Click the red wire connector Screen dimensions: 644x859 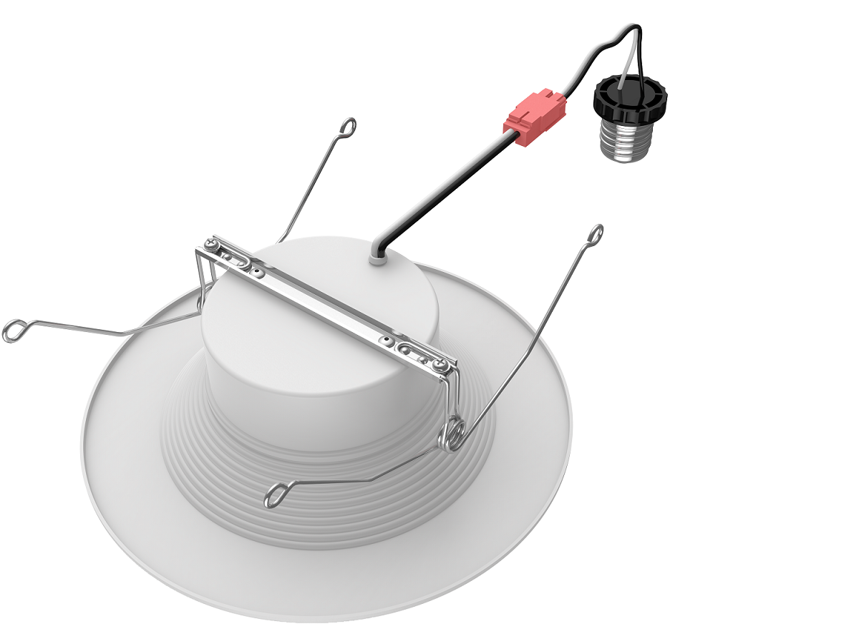(535, 117)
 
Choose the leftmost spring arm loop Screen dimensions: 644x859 (14, 331)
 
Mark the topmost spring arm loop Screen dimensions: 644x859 (348, 127)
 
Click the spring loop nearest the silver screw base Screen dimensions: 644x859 (595, 233)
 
